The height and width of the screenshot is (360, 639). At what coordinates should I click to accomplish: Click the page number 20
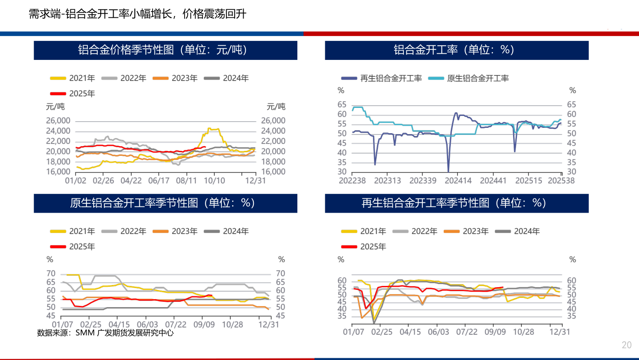tap(627, 345)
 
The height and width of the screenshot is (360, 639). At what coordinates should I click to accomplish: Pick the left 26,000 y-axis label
tap(59, 121)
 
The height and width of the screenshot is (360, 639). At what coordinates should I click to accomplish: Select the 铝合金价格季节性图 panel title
tap(166, 50)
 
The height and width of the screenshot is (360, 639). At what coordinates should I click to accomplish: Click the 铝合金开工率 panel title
tap(456, 50)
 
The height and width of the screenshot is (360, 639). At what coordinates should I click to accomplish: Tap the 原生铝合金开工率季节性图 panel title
tap(166, 203)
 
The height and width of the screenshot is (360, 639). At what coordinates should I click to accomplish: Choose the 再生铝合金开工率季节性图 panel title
tap(456, 203)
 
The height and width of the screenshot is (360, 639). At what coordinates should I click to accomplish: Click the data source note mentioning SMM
tap(105, 333)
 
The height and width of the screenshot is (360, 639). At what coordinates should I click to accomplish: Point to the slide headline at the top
tap(137, 14)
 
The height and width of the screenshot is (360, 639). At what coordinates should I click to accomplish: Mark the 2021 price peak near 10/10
tap(209, 128)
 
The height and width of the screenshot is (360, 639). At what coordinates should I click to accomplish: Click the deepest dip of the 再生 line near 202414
tap(448, 171)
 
